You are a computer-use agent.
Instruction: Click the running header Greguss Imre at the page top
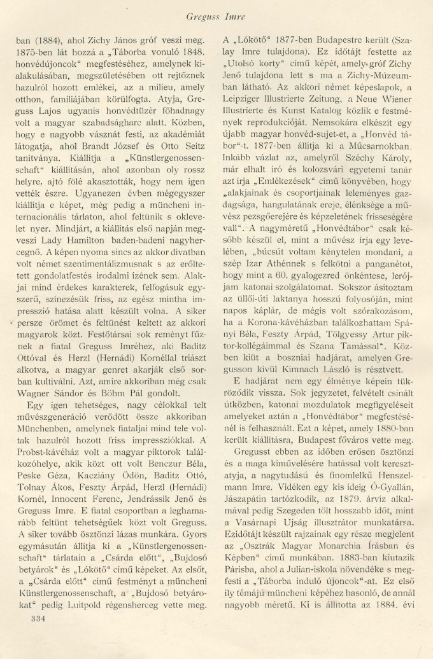pos(216,12)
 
